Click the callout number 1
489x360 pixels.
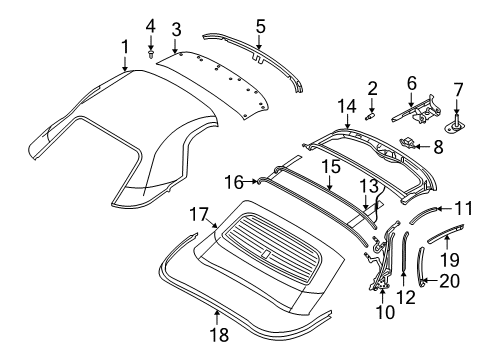pyautogui.click(x=124, y=45)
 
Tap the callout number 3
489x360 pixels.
pyautogui.click(x=175, y=29)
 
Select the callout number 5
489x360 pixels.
pyautogui.click(x=259, y=25)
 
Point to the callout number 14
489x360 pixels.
pyautogui.click(x=347, y=105)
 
